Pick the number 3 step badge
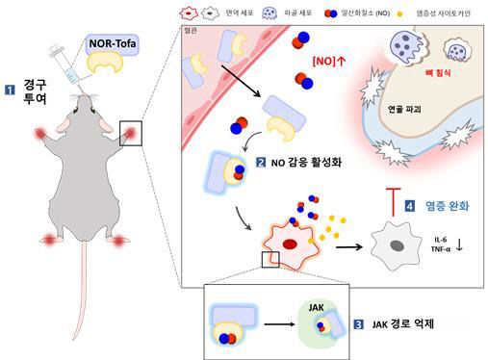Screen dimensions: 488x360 click(x=358, y=323)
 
